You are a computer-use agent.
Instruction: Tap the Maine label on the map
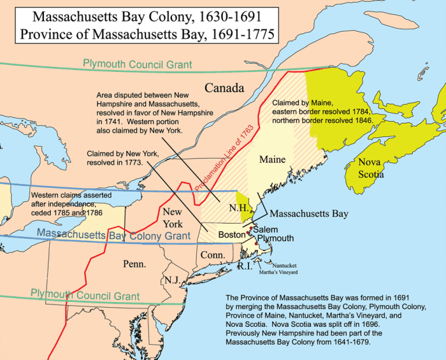click(272, 159)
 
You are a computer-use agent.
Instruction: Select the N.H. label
click(227, 208)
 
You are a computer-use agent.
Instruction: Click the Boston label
click(232, 234)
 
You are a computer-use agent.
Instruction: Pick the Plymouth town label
click(275, 238)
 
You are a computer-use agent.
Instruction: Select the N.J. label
click(171, 280)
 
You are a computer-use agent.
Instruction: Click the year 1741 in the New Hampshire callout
click(111, 120)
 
